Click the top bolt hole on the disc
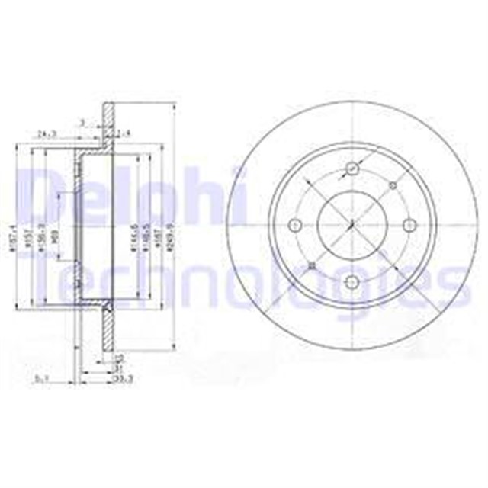pyautogui.click(x=352, y=169)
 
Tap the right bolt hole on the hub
pyautogui.click(x=409, y=224)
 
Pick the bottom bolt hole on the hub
pyautogui.click(x=352, y=281)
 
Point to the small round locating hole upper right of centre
pyautogui.click(x=392, y=185)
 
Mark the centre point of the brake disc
pyautogui.click(x=352, y=224)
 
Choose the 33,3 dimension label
pyautogui.click(x=118, y=377)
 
